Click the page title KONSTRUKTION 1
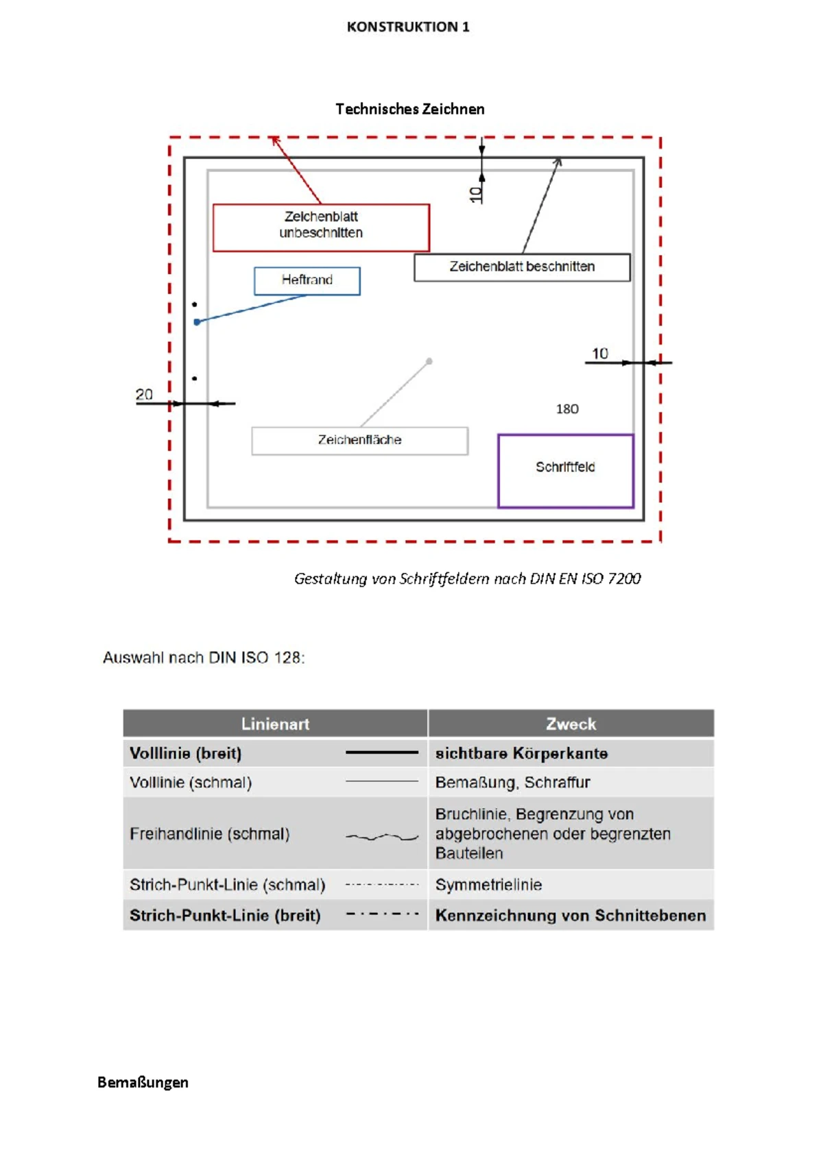pyautogui.click(x=408, y=27)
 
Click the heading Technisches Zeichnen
pyautogui.click(x=410, y=109)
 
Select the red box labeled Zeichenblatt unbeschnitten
pyautogui.click(x=321, y=228)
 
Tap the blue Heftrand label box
pyautogui.click(x=307, y=280)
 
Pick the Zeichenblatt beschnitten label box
pyautogui.click(x=522, y=267)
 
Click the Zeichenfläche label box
pyautogui.click(x=359, y=441)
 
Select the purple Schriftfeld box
pyautogui.click(x=565, y=470)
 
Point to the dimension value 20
pyautogui.click(x=144, y=395)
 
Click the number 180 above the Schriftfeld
pyautogui.click(x=567, y=409)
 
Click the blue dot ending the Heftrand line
pyautogui.click(x=197, y=322)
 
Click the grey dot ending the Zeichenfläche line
pyautogui.click(x=429, y=361)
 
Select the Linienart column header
pyautogui.click(x=275, y=724)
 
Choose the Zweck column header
pyautogui.click(x=571, y=724)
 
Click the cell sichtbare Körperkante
pyautogui.click(x=521, y=753)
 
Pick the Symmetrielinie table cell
pyautogui.click(x=488, y=885)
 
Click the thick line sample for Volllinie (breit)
pyautogui.click(x=381, y=752)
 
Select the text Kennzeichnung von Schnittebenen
pyautogui.click(x=570, y=916)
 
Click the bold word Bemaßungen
pyautogui.click(x=143, y=1082)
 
